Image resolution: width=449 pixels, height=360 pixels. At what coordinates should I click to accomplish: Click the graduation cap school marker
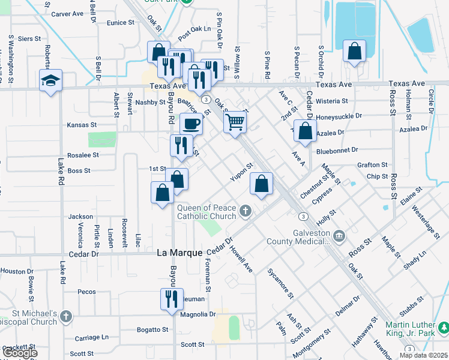point(51,81)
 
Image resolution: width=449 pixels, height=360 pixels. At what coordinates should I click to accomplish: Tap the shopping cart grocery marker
point(236,122)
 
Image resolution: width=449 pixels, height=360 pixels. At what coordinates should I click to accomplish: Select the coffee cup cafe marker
point(191,124)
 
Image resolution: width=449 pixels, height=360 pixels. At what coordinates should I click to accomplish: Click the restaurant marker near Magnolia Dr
point(171,298)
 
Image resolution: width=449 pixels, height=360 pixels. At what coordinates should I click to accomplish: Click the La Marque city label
point(179,253)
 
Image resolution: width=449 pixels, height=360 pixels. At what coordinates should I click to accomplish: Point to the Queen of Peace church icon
point(245,211)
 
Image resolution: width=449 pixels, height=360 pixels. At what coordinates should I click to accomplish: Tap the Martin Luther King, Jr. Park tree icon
point(443,328)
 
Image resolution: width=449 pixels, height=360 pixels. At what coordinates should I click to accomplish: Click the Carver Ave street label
point(67,14)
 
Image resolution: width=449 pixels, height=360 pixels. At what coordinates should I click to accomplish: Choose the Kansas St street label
point(82,125)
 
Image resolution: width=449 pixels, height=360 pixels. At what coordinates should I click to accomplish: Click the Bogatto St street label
point(153,329)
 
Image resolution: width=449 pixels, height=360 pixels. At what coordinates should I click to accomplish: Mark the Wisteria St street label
point(339,101)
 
